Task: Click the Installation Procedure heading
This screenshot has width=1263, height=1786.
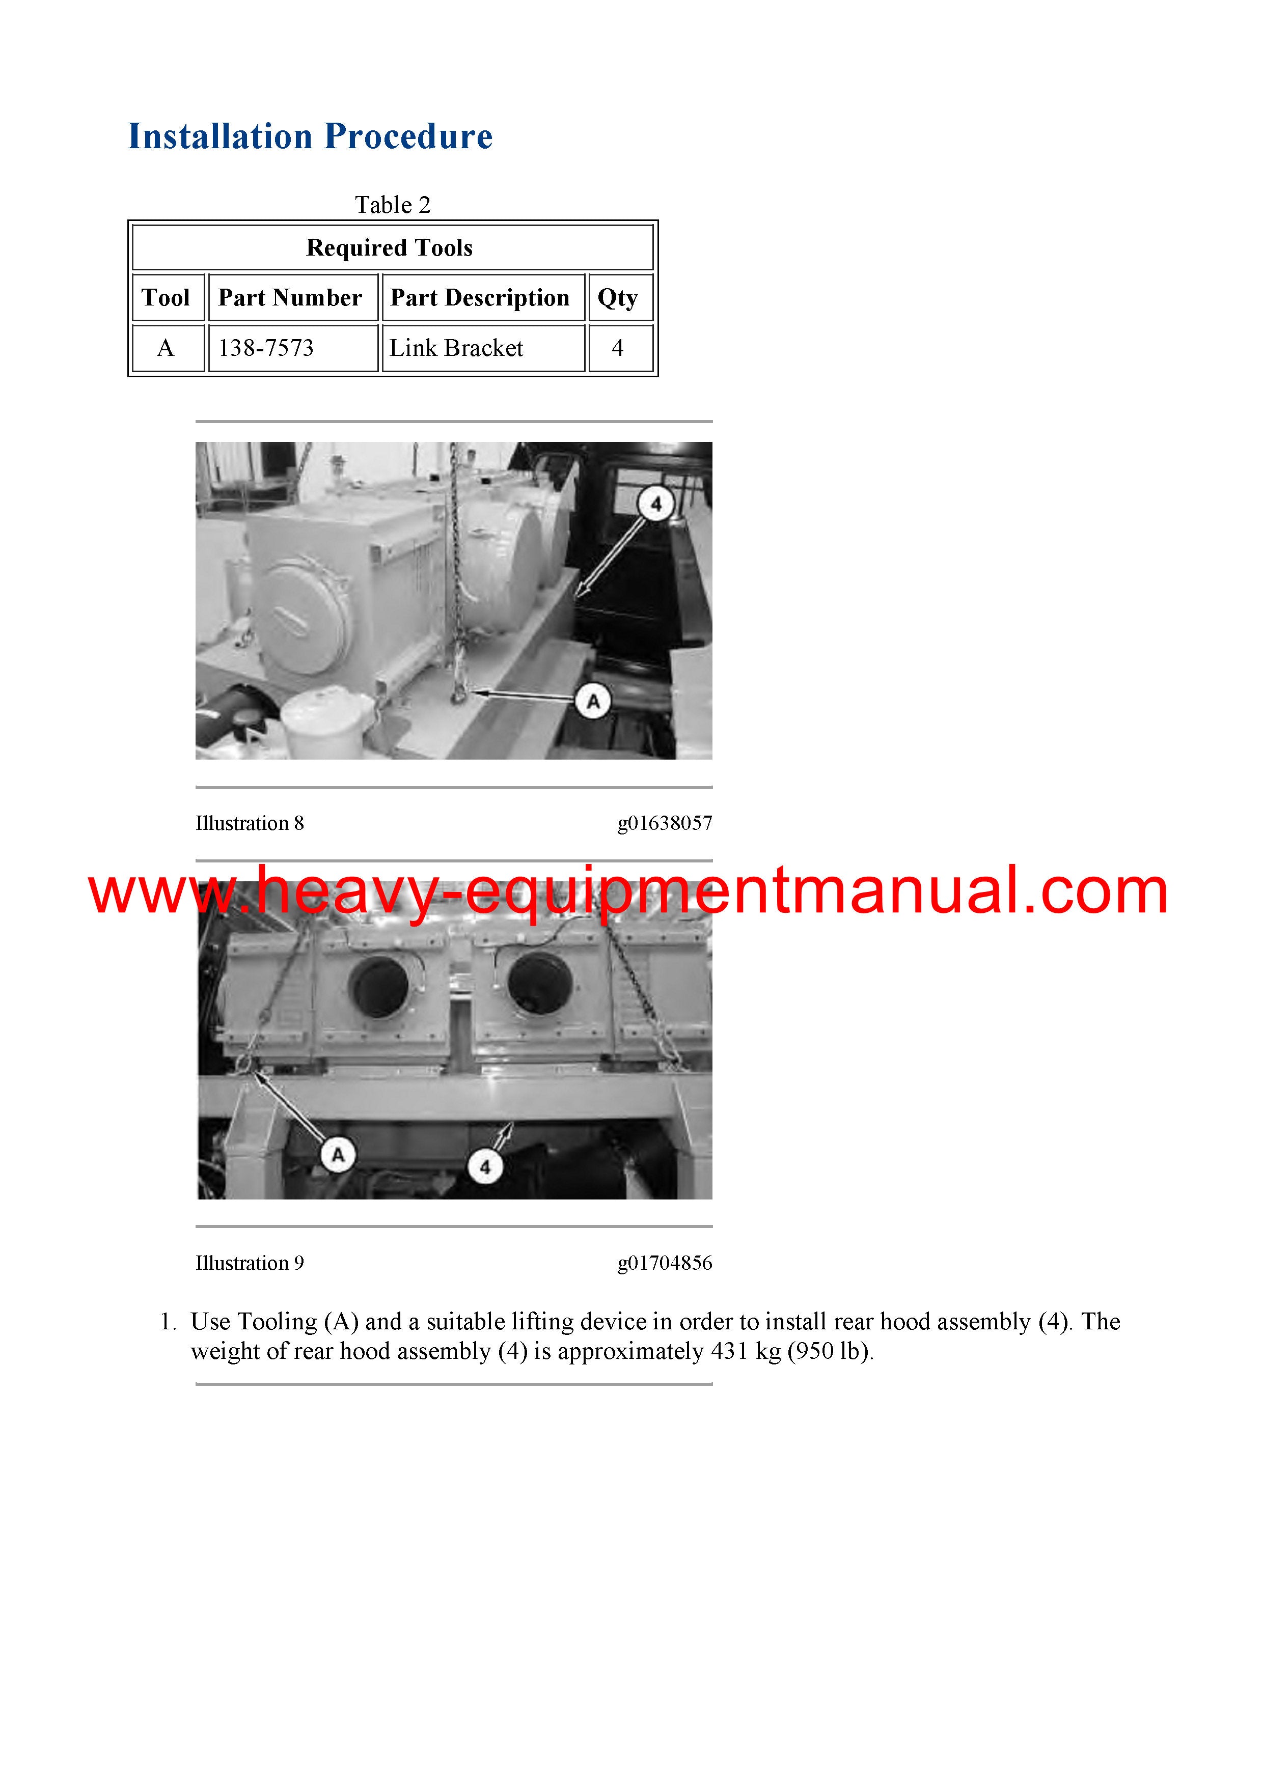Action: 310,136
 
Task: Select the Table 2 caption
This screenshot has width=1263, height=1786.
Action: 392,205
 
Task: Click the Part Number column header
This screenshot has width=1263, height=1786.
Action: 289,297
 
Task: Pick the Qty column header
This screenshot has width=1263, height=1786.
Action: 618,298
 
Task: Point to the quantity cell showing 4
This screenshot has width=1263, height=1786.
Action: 618,348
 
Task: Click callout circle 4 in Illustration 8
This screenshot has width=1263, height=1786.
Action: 656,504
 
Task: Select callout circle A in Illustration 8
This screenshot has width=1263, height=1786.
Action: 593,702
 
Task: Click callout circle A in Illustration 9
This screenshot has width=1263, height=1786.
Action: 338,1155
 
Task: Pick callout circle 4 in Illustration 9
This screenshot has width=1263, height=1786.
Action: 485,1167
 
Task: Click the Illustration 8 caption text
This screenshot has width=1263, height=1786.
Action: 250,823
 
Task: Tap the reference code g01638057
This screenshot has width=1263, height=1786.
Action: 665,823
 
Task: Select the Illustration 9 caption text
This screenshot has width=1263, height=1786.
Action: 250,1263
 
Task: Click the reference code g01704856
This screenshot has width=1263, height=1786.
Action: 665,1263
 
